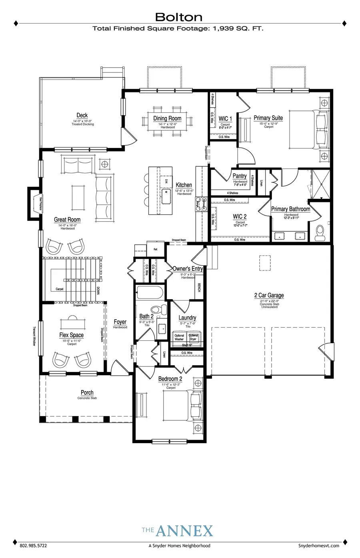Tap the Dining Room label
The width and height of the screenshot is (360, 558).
[x=167, y=118]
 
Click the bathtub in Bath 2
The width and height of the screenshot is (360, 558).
[x=149, y=293]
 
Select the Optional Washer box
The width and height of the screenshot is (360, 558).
[x=179, y=337]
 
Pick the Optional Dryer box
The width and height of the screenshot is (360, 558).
[x=193, y=337]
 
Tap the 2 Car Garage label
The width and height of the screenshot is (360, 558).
[x=269, y=295]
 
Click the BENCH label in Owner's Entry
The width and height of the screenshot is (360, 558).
[x=199, y=288]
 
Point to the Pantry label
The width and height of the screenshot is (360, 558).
[x=240, y=176]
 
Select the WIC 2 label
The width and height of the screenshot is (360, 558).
[x=240, y=216]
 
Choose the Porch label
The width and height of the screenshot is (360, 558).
[x=87, y=392]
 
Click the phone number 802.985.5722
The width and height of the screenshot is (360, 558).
[x=33, y=545]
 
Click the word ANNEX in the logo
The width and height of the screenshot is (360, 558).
[x=184, y=531]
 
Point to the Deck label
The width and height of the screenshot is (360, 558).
[x=82, y=115]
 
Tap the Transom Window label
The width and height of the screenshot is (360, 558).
[x=34, y=335]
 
